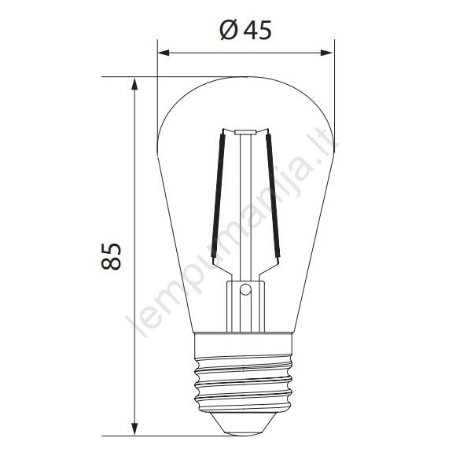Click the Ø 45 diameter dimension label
pyautogui.click(x=246, y=30)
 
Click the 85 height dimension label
pyautogui.click(x=111, y=256)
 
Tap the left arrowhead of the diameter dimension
pyautogui.click(x=164, y=53)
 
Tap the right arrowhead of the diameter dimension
pyautogui.click(x=326, y=53)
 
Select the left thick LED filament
pyautogui.click(x=218, y=196)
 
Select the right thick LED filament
pyautogui.click(x=273, y=196)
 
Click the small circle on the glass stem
pyautogui.click(x=245, y=289)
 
